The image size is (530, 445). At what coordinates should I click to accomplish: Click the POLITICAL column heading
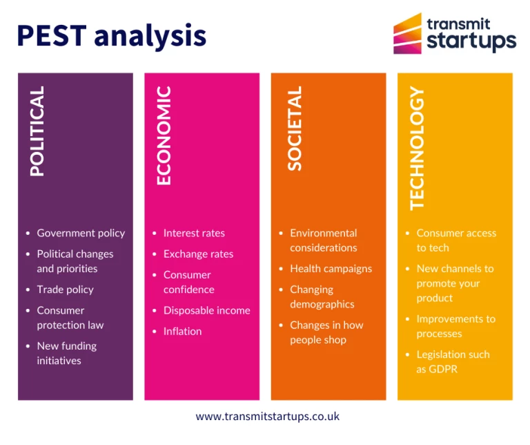[37, 131]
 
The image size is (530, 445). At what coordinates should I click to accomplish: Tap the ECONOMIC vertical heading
[164, 135]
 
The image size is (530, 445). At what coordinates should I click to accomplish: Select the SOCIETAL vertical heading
[295, 129]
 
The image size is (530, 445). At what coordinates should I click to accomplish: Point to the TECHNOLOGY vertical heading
[417, 149]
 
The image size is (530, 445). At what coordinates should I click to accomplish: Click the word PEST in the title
[52, 35]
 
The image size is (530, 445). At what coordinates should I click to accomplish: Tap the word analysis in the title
[150, 37]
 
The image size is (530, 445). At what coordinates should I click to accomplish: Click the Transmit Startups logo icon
[407, 33]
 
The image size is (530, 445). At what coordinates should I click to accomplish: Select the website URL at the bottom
[267, 417]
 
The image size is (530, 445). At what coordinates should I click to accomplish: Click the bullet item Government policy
[81, 233]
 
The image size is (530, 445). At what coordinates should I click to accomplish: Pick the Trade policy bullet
[66, 290]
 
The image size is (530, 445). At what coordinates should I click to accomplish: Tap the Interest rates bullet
[194, 233]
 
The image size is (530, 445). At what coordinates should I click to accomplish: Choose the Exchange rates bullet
[199, 254]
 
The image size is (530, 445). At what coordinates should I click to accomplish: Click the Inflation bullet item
[182, 331]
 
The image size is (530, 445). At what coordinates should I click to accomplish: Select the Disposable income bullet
[207, 311]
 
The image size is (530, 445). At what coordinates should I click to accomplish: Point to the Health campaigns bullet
[331, 269]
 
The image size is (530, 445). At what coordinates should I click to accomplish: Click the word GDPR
[443, 369]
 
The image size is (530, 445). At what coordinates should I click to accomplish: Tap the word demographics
[322, 305]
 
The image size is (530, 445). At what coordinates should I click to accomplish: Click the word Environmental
[324, 233]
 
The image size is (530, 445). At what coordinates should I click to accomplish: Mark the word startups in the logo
[471, 41]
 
